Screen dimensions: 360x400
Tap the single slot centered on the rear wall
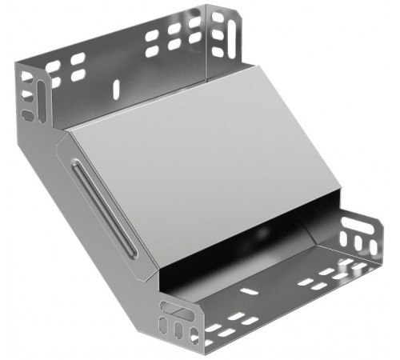(117, 86)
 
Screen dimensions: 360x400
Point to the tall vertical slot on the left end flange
(25, 84)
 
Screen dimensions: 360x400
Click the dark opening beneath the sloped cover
(240, 240)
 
